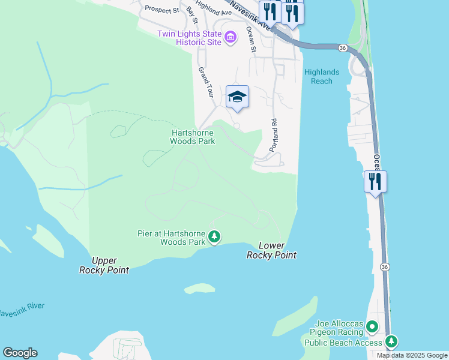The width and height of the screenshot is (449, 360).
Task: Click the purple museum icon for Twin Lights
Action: click(x=230, y=38)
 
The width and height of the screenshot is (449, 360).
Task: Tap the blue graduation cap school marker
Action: click(x=237, y=97)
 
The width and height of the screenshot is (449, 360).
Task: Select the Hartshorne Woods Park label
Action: click(x=193, y=137)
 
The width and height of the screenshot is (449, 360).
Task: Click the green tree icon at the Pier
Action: click(x=214, y=238)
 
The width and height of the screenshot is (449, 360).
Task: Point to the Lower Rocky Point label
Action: click(x=271, y=250)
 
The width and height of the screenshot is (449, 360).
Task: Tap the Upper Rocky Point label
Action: click(x=104, y=265)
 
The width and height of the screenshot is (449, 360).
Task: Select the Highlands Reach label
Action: click(x=322, y=76)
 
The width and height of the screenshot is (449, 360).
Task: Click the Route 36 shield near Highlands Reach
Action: click(x=342, y=47)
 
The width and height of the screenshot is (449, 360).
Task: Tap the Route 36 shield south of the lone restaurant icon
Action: click(x=385, y=266)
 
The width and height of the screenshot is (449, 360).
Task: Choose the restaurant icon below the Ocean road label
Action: click(x=375, y=181)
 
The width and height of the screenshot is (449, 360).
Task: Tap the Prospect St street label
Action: click(x=162, y=10)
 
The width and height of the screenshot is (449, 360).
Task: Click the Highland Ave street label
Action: click(x=214, y=8)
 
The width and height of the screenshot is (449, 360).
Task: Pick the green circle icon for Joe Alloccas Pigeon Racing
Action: click(x=372, y=327)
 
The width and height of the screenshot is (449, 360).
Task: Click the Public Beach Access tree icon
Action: click(x=391, y=342)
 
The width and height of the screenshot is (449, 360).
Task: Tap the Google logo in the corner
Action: click(x=20, y=353)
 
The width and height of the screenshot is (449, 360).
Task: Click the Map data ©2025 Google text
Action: click(x=411, y=355)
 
